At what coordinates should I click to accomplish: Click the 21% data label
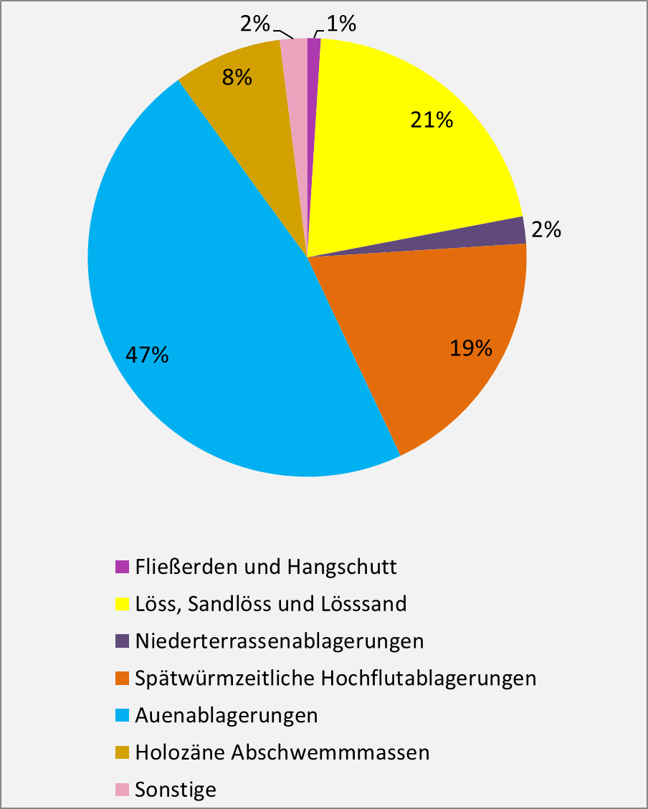[432, 120]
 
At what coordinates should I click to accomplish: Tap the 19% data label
[471, 348]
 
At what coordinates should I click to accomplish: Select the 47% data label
[147, 354]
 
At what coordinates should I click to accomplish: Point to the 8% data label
[237, 77]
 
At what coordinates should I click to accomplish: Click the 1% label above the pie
[341, 25]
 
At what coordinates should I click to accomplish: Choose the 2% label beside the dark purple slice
[545, 230]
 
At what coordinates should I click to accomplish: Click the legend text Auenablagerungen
[226, 715]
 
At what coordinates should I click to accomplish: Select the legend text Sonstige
[176, 790]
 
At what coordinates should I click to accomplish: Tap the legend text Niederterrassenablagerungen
[279, 641]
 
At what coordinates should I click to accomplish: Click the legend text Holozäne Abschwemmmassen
[282, 752]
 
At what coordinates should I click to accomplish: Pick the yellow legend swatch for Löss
[122, 603]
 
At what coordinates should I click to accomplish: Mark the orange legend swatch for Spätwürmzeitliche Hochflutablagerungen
[122, 678]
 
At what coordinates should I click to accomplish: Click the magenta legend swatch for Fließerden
[122, 566]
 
